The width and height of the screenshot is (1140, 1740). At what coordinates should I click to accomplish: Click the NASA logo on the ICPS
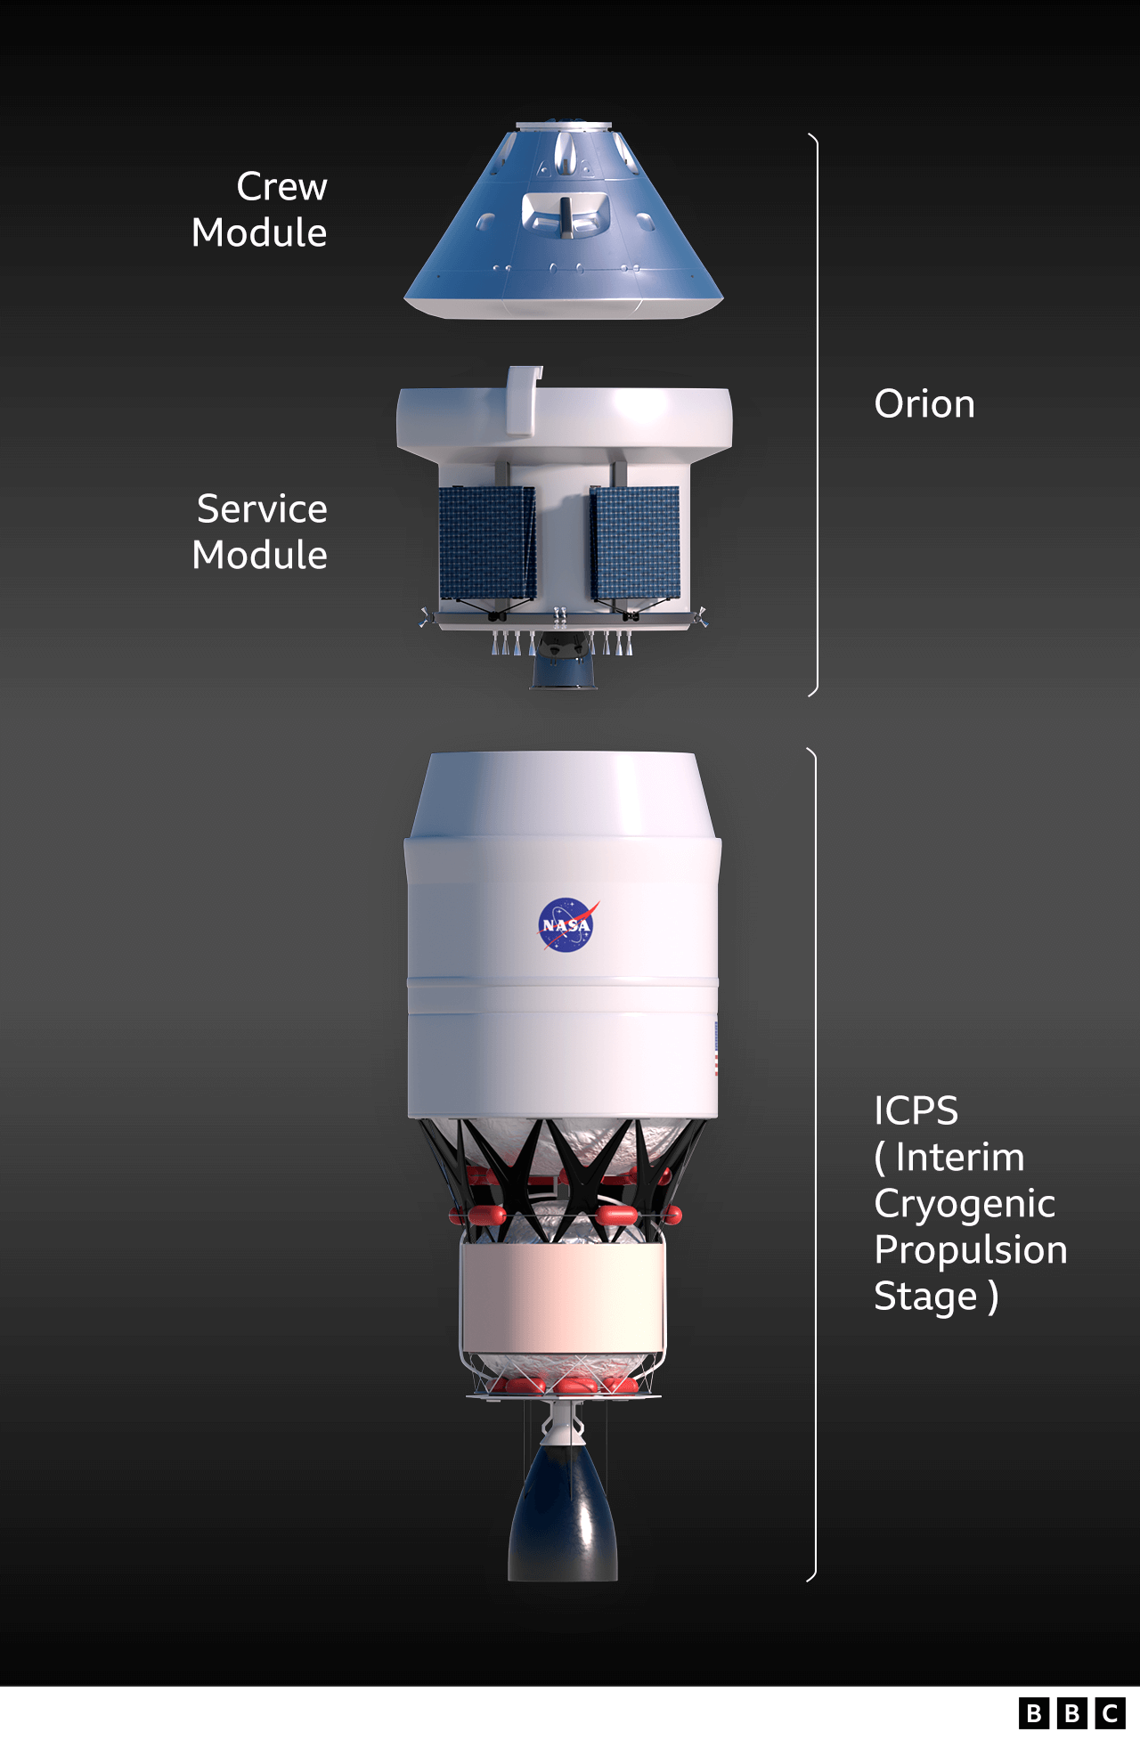[x=566, y=925]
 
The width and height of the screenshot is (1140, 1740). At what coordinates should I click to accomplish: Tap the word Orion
[x=924, y=404]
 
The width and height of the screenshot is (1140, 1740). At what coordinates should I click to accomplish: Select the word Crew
[x=281, y=187]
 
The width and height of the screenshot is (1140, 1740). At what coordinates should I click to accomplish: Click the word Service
[x=262, y=509]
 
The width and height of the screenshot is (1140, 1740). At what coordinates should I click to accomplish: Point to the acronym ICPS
[x=916, y=1111]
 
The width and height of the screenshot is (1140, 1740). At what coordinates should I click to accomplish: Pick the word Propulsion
[x=971, y=1250]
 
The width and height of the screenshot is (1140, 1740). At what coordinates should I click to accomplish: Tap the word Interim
[x=960, y=1158]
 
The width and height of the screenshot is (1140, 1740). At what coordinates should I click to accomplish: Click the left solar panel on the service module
[x=487, y=542]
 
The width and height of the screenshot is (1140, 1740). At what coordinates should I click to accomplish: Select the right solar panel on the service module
[x=635, y=542]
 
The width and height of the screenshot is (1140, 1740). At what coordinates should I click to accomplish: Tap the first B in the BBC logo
[x=1033, y=1714]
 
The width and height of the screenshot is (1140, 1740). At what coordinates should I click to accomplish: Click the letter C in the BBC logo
[x=1110, y=1714]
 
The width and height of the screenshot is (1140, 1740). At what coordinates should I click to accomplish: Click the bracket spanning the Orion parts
[x=815, y=414]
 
